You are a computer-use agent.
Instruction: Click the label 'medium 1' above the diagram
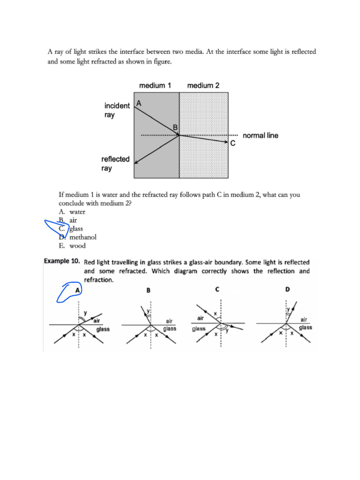(155, 85)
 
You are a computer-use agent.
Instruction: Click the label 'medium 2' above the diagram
(203, 85)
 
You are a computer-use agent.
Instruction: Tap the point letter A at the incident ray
(138, 103)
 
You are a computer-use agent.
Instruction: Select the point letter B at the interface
(175, 127)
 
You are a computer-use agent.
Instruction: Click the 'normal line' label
(260, 135)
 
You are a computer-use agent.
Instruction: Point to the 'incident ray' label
(117, 110)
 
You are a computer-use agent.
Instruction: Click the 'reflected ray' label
(115, 164)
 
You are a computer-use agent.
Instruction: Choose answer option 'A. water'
(72, 212)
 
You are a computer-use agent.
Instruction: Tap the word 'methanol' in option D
(83, 237)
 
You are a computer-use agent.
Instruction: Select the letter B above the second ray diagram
(148, 291)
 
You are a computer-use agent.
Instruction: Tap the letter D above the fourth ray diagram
(287, 290)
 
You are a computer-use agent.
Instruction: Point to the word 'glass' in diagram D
(305, 327)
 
